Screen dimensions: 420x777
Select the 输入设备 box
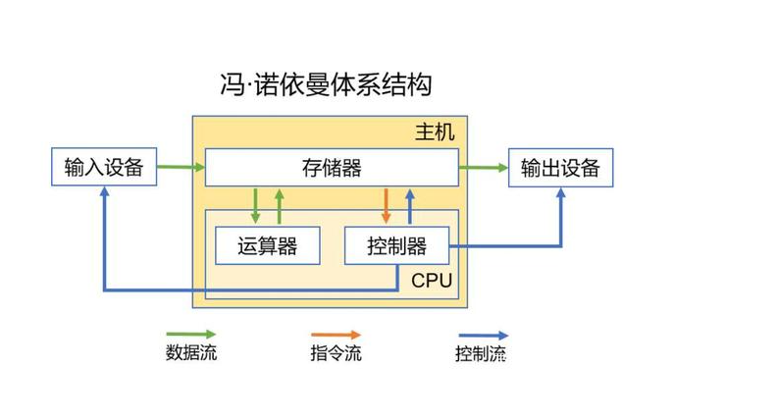coord(103,168)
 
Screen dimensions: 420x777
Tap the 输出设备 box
coord(560,168)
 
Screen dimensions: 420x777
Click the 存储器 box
coord(332,168)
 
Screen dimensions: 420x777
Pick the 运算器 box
coord(267,245)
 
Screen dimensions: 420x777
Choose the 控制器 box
coord(396,245)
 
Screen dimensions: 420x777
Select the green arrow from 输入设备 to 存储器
coord(179,168)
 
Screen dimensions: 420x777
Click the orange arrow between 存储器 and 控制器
coord(386,205)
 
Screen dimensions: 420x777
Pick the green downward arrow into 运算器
coord(256,205)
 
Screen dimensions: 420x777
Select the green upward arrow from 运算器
coord(280,205)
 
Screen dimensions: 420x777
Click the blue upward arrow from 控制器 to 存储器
coord(411,205)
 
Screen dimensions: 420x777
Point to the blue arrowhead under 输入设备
coord(103,194)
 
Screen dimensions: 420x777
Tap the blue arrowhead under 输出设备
coord(560,194)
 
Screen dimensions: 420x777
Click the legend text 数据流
coord(191,353)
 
